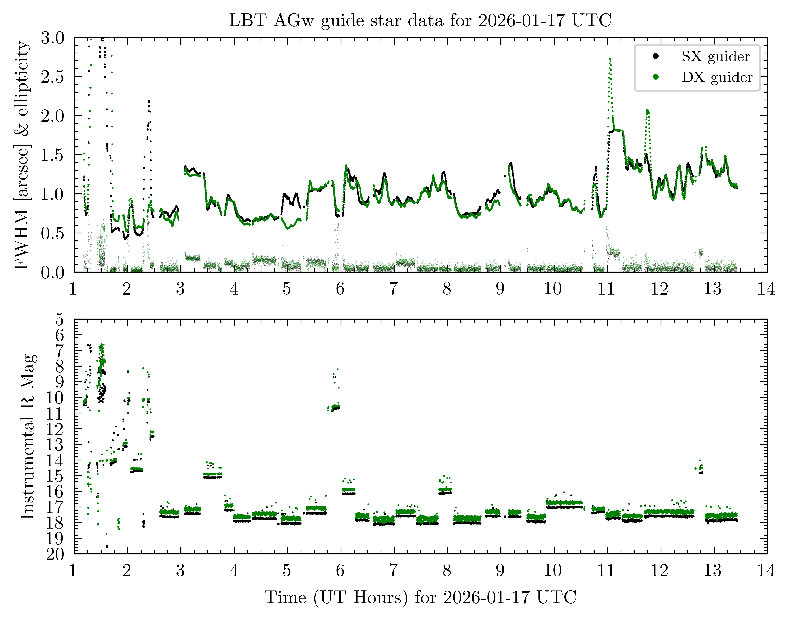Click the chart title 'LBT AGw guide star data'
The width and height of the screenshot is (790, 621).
(x=420, y=20)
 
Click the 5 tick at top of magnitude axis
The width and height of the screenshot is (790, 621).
(x=59, y=320)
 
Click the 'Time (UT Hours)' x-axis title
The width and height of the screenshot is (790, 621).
(x=420, y=597)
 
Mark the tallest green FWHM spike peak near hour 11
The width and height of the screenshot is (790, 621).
(x=610, y=59)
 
